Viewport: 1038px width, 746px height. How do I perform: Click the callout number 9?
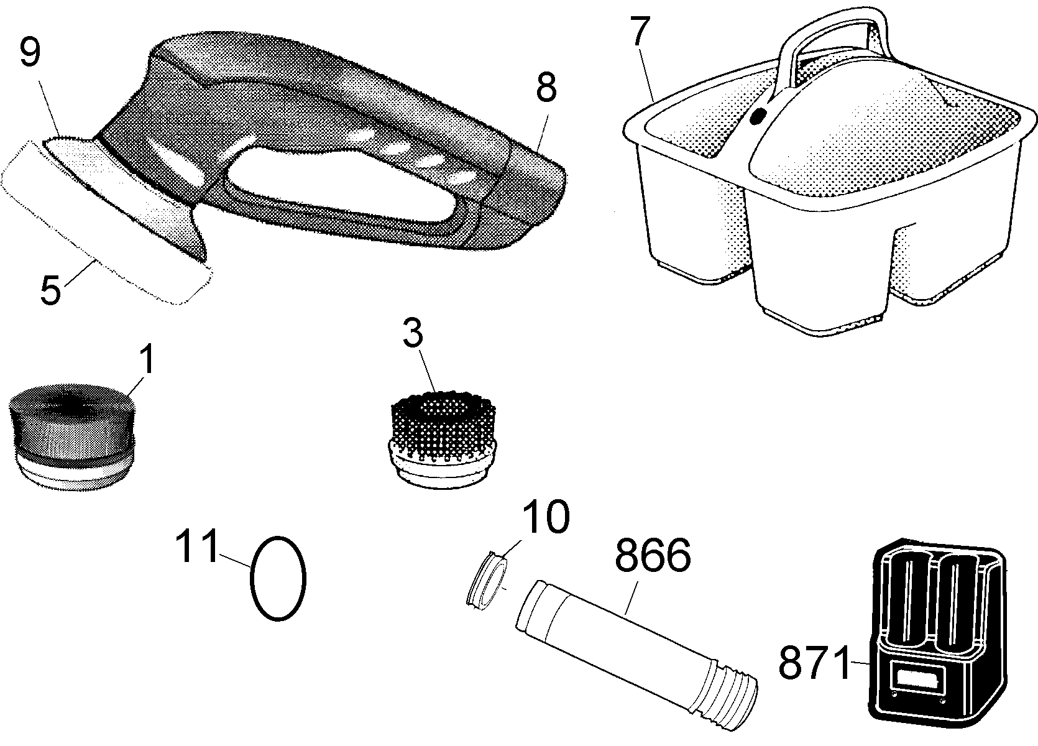point(29,53)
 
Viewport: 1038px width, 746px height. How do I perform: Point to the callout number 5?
point(51,290)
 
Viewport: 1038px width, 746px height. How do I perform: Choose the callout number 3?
point(412,334)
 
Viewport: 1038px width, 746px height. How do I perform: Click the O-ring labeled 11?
point(278,578)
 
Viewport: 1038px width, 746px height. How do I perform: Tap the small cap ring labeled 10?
point(487,579)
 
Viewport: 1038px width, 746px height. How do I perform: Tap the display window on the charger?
point(917,678)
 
